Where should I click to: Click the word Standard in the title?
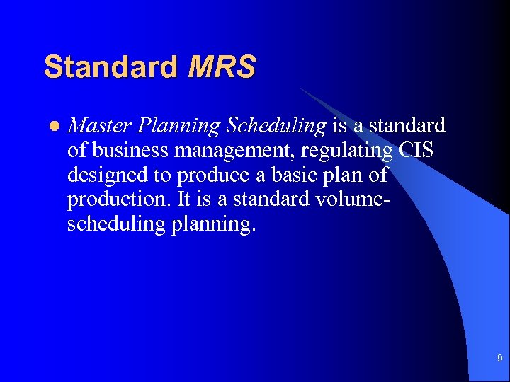110,67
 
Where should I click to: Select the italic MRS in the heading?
222,67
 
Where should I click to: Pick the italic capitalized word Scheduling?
276,127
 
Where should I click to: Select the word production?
115,200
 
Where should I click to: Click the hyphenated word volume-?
347,199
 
